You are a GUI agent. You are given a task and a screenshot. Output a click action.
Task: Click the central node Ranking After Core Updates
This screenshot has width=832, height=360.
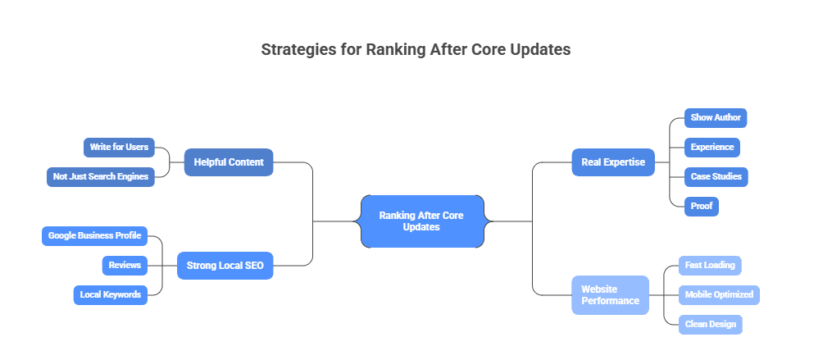click(422, 221)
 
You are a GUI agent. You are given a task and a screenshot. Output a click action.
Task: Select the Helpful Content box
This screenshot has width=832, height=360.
click(229, 162)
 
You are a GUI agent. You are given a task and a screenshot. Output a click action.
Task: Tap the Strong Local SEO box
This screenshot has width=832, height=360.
click(225, 265)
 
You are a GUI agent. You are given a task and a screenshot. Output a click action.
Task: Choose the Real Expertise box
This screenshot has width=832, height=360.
click(613, 162)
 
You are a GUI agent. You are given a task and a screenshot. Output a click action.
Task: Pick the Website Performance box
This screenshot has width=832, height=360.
click(610, 294)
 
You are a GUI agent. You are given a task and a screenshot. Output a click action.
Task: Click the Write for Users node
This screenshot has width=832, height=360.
click(119, 147)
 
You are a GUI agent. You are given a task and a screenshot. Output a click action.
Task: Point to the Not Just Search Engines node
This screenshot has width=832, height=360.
click(101, 177)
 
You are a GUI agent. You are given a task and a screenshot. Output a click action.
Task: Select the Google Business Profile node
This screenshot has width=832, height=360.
click(94, 235)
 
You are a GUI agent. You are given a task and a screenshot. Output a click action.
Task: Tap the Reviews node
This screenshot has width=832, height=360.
click(125, 265)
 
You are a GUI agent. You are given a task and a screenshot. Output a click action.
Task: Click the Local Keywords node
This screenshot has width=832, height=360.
click(111, 294)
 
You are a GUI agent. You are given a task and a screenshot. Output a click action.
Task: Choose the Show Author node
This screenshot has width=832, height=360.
click(716, 118)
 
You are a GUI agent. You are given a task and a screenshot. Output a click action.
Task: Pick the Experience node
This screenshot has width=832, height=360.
click(712, 147)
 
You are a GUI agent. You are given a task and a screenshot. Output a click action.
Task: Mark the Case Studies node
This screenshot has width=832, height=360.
click(716, 177)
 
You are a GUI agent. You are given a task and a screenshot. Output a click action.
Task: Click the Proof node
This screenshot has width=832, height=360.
click(702, 206)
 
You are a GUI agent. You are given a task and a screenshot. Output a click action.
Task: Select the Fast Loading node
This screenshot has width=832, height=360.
click(710, 265)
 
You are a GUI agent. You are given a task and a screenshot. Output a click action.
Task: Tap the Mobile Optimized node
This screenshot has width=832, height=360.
click(719, 294)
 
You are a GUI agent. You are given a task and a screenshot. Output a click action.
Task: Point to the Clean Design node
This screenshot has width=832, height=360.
click(711, 324)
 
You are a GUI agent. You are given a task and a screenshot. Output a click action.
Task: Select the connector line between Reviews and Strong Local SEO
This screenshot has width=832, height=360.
click(162, 265)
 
